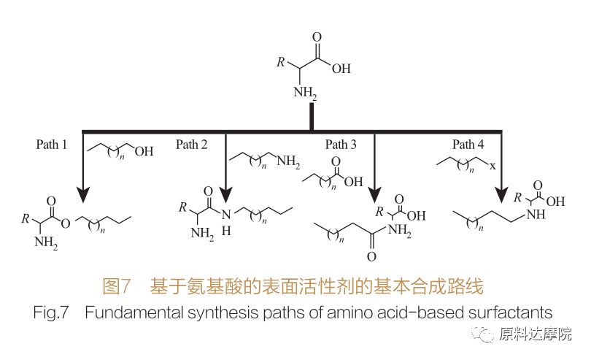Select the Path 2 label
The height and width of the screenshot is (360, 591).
191,145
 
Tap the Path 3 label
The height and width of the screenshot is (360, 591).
341,145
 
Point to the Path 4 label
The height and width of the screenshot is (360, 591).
468,145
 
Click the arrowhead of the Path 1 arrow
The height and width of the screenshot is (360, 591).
82,194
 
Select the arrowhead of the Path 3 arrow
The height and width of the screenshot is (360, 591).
375,194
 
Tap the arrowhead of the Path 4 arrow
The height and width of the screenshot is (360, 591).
502,194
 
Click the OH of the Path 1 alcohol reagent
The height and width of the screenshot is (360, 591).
144,153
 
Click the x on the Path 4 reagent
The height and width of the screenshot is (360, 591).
492,166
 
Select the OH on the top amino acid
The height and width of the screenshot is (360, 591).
340,70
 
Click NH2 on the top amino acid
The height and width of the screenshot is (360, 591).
306,94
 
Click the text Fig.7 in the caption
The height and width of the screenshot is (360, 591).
51,313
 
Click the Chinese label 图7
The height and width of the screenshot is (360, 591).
118,283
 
